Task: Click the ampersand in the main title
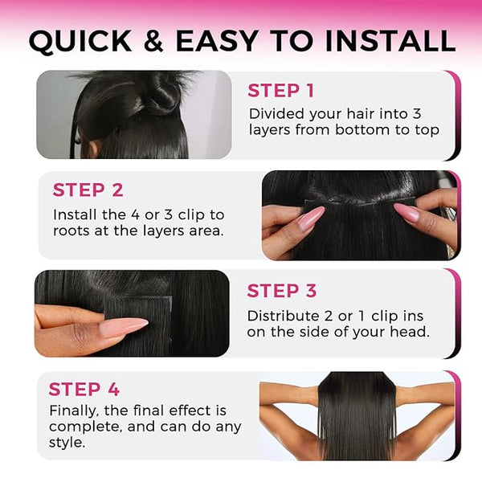tap(153, 41)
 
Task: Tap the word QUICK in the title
tap(80, 41)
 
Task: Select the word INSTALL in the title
tap(390, 41)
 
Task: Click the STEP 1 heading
tap(280, 91)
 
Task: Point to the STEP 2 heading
tap(88, 190)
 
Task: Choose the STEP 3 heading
tap(282, 291)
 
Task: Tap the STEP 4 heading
tap(84, 389)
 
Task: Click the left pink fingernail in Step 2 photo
tap(311, 218)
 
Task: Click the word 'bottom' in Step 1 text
tap(362, 130)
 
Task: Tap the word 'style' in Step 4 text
tap(67, 443)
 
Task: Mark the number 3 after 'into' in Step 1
tap(416, 114)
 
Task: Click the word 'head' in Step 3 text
tap(410, 332)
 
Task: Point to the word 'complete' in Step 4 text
tap(86, 427)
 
